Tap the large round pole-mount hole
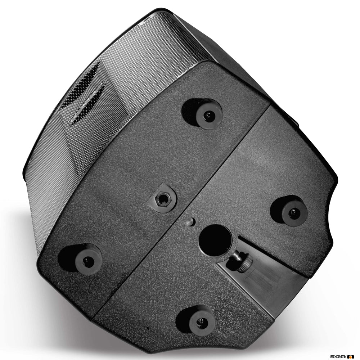pos(215,239)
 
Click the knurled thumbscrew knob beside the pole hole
pos(244,264)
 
